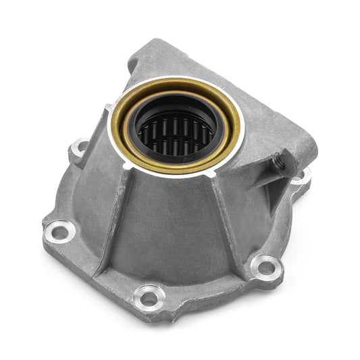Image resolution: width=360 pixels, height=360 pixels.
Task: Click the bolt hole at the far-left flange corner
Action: [x=58, y=232]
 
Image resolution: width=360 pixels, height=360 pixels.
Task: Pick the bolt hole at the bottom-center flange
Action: [x=149, y=294]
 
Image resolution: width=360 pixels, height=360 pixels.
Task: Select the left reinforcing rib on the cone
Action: [x=113, y=216]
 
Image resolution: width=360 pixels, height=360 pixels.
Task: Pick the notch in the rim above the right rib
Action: [x=215, y=173]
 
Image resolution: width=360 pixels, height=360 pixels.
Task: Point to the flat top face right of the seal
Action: [x=270, y=122]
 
